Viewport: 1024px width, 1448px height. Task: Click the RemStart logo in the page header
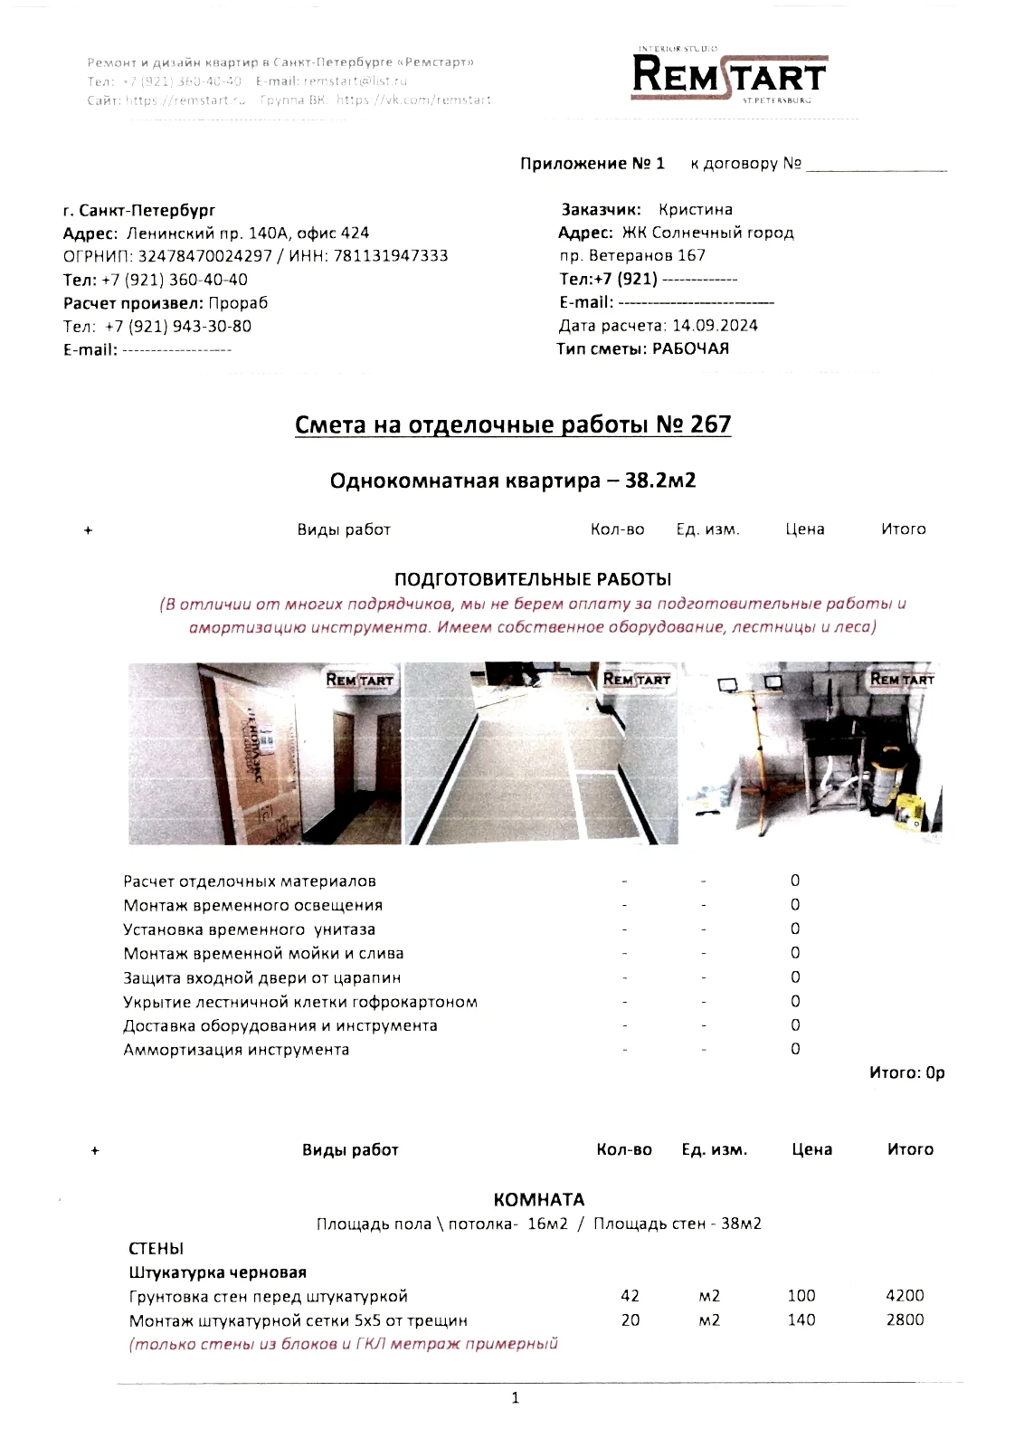[728, 74]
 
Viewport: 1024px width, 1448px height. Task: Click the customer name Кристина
[696, 209]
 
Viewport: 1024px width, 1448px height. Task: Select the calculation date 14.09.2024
[715, 326]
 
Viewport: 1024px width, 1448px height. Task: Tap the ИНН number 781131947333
[391, 256]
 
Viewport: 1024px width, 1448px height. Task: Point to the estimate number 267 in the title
[710, 424]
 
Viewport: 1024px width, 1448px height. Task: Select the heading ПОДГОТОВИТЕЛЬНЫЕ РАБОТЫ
[533, 579]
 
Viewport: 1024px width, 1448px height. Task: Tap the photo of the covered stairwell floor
[540, 754]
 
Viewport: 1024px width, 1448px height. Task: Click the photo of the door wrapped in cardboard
[264, 754]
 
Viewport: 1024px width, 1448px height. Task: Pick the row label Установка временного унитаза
[250, 929]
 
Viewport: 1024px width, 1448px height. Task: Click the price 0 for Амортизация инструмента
[795, 1050]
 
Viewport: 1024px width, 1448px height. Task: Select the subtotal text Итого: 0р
[906, 1073]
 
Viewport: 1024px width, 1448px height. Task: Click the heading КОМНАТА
[539, 1200]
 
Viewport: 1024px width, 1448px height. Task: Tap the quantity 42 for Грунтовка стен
[631, 1296]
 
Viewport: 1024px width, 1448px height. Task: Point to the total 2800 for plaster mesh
[905, 1319]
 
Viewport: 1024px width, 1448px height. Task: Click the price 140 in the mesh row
[801, 1319]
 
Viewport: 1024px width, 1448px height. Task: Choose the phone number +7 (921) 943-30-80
[178, 327]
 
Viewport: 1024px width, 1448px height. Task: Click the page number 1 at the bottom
[516, 1398]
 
